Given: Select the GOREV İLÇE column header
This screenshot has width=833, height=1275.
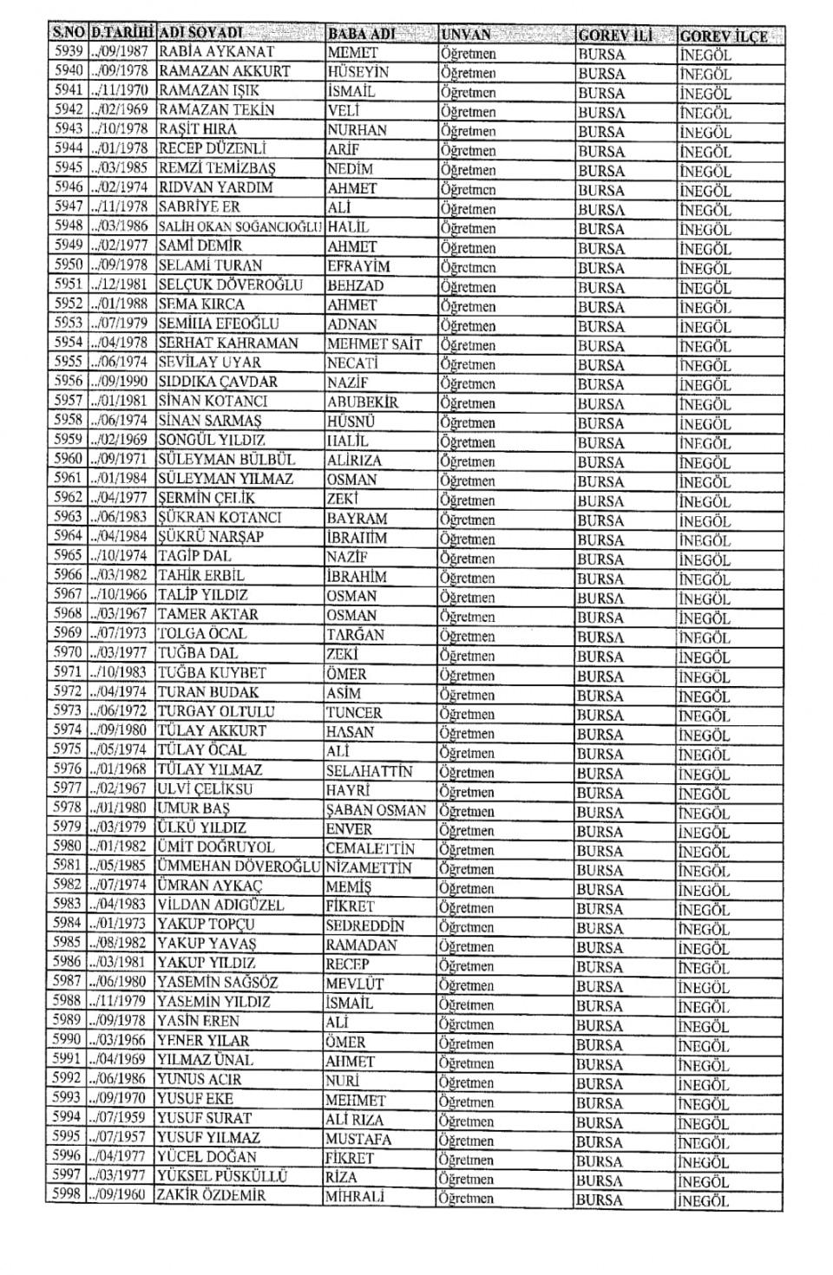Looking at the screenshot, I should point(723,36).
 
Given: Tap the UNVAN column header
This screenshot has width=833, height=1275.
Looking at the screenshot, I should point(466,35).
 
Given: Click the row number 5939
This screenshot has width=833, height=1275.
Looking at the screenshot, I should point(67,51).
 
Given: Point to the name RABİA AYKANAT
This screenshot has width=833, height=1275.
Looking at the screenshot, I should point(216,51).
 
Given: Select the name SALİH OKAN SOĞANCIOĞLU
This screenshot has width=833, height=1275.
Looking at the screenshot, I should point(240,226).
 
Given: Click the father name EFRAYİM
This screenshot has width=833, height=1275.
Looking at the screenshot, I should point(358,265).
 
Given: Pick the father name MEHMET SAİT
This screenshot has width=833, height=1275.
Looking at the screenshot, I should point(374,343).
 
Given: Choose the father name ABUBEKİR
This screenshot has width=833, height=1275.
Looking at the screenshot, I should point(363,402).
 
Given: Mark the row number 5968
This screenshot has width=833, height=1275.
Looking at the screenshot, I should point(67,614).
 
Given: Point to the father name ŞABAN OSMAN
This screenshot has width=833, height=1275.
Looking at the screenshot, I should point(376,809).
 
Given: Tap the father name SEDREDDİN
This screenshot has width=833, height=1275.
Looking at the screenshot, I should point(364,925).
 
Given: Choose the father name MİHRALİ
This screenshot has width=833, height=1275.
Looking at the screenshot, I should point(355,1196).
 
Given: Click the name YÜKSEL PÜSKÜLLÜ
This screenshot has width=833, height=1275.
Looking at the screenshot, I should point(221,1176).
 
